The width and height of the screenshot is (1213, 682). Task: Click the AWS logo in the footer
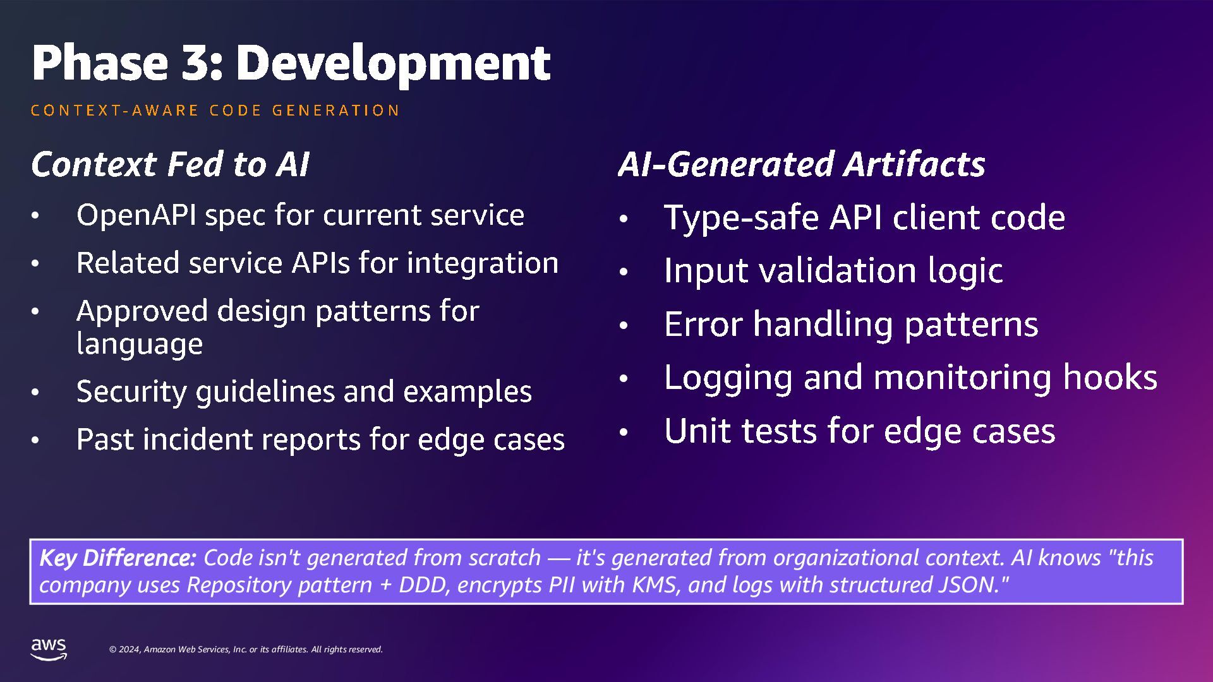(x=49, y=649)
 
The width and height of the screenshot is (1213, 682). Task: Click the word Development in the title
(x=393, y=63)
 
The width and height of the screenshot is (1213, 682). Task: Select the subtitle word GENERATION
(x=335, y=111)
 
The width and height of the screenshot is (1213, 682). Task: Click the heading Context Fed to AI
(x=170, y=164)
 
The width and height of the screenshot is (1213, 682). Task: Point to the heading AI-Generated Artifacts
(x=801, y=164)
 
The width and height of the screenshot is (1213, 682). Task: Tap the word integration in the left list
(x=483, y=263)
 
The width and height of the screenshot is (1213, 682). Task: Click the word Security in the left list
(x=131, y=392)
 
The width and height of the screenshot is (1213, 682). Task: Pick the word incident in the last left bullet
(x=198, y=440)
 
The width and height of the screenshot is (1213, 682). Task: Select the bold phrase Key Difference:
(x=118, y=558)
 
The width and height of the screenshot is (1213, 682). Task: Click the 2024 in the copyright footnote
(x=130, y=650)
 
